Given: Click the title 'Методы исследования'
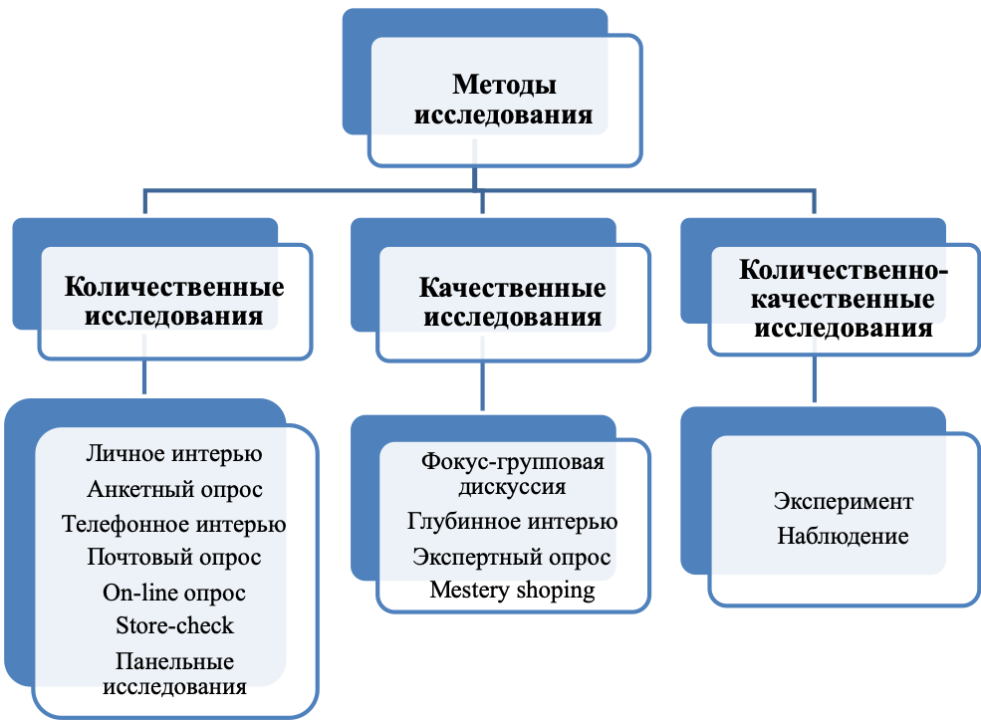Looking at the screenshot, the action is pyautogui.click(x=504, y=100).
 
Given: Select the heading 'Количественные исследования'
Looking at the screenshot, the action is pyautogui.click(x=174, y=302).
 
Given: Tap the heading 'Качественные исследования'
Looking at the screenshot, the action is pyautogui.click(x=512, y=302).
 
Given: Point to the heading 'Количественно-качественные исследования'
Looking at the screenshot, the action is pyautogui.click(x=844, y=299).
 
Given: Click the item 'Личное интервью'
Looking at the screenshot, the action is pyautogui.click(x=174, y=453).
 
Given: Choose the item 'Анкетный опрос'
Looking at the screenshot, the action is pyautogui.click(x=174, y=489).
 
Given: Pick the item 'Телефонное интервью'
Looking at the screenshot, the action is pyautogui.click(x=174, y=524).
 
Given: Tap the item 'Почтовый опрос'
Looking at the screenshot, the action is pyautogui.click(x=174, y=557).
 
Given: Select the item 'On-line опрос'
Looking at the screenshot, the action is pyautogui.click(x=174, y=592).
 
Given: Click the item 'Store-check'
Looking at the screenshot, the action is pyautogui.click(x=174, y=625).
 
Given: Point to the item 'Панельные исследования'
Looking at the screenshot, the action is pyautogui.click(x=174, y=674).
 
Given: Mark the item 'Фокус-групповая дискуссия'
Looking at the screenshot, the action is pyautogui.click(x=512, y=474).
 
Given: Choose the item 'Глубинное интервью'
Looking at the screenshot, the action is pyautogui.click(x=512, y=521).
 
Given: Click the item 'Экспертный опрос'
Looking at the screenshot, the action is pyautogui.click(x=512, y=557).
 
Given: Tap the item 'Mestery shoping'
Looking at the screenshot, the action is pyautogui.click(x=512, y=590).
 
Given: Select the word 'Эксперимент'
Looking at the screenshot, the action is pyautogui.click(x=844, y=501).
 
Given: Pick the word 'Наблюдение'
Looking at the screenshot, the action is pyautogui.click(x=843, y=536).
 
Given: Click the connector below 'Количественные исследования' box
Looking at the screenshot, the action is pyautogui.click(x=144, y=376).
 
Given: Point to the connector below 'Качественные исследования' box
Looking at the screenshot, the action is pyautogui.click(x=482, y=385).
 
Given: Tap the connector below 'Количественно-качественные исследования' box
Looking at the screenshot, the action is pyautogui.click(x=814, y=378).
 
